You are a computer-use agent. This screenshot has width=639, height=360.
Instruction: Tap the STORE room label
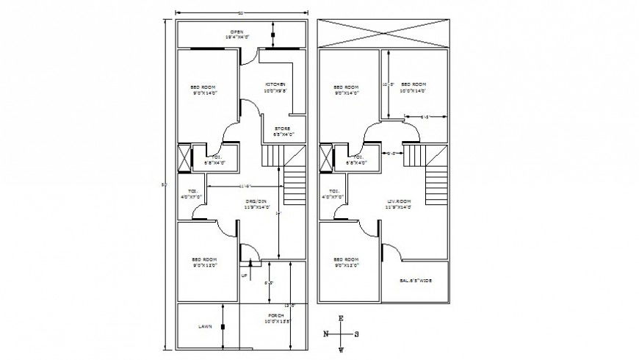pos(284,132)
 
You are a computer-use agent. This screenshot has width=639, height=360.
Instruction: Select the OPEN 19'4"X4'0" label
pos(237,34)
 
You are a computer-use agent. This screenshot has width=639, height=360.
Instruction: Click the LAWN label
pos(205,325)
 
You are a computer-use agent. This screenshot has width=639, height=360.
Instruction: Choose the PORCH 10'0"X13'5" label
pos(277,319)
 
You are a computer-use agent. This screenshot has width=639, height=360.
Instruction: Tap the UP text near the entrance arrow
pos(244,276)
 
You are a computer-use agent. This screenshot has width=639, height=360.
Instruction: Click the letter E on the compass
pos(341,318)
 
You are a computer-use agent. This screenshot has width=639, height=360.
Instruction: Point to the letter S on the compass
pos(357,334)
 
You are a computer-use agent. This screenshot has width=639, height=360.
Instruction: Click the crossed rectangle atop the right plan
pos(383,34)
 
